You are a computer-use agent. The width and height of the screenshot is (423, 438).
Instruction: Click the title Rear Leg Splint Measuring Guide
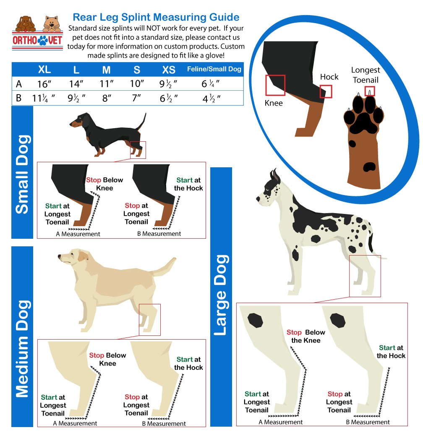click(156, 17)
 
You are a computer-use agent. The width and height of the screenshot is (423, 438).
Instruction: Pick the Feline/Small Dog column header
click(214, 69)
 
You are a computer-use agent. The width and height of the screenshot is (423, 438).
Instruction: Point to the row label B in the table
click(19, 98)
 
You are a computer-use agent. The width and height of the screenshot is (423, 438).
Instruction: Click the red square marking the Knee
click(275, 85)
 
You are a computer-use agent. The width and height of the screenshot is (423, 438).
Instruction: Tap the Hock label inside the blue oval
click(329, 77)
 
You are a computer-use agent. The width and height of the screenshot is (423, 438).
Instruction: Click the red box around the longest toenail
click(370, 91)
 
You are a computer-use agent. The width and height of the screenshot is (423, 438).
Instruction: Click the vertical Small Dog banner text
click(22, 174)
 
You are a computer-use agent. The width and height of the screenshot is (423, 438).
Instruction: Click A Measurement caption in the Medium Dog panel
click(75, 423)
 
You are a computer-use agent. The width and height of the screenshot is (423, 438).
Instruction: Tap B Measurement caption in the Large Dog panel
click(368, 422)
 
